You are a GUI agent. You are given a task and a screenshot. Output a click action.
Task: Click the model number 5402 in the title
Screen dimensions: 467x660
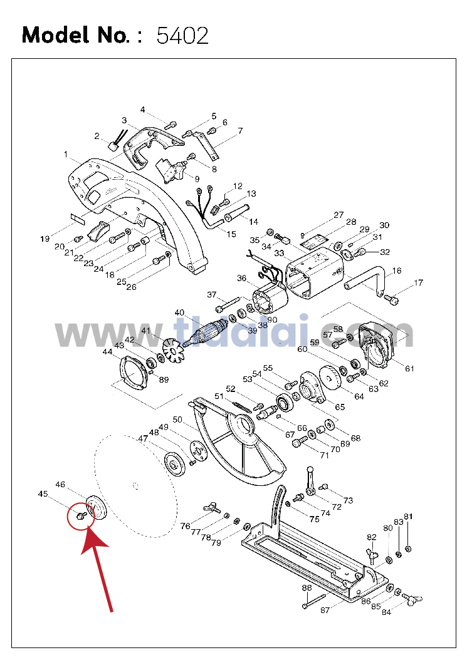[182, 35]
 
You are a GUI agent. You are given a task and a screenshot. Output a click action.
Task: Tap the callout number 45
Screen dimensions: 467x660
[43, 493]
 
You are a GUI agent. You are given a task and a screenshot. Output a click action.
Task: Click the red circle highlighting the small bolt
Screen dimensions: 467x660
[81, 517]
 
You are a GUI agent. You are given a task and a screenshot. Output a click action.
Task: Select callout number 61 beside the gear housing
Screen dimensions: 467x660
[409, 369]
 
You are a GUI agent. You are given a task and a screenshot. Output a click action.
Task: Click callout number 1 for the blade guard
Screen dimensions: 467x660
[66, 155]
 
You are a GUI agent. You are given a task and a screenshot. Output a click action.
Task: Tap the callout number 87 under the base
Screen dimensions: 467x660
[325, 610]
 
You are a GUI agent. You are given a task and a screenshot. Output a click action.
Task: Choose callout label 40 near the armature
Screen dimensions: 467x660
[179, 312]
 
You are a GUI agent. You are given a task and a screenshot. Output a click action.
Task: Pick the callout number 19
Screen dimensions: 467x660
[45, 239]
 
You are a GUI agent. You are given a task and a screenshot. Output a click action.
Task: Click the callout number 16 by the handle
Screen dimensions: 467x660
[397, 271]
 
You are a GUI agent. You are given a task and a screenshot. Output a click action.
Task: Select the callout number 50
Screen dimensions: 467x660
[177, 420]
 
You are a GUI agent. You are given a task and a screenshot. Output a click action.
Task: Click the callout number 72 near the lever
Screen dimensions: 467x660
[337, 507]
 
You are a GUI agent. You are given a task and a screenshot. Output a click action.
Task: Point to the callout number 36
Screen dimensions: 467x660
[241, 278]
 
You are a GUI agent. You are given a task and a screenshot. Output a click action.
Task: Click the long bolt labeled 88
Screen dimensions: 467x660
[315, 601]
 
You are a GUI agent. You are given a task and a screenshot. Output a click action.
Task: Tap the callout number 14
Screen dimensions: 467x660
[253, 222]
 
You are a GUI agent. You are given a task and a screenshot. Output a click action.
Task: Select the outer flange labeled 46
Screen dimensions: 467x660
[97, 508]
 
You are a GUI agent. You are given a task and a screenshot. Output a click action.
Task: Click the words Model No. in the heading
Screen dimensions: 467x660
[76, 35]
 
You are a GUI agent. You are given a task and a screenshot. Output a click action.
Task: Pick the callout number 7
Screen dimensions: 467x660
[240, 131]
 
